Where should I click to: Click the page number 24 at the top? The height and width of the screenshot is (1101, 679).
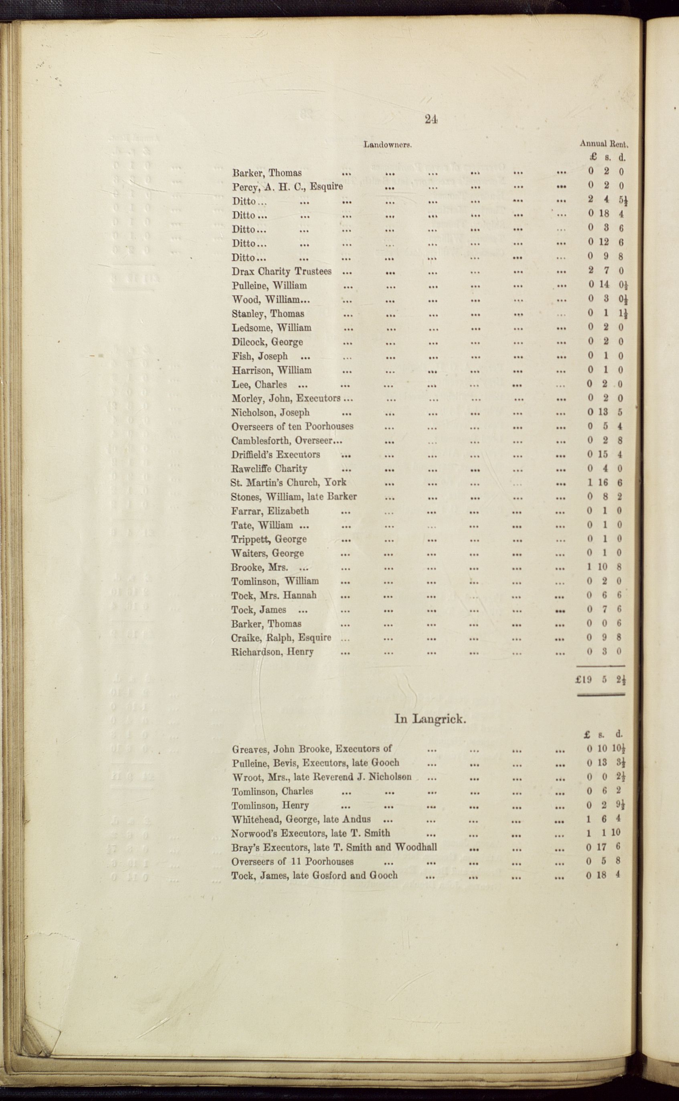click(430, 119)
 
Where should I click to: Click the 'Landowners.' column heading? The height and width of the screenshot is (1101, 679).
click(388, 145)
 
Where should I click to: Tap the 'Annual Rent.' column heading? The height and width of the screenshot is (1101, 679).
click(604, 144)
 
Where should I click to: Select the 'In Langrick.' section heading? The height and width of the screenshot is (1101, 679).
click(430, 719)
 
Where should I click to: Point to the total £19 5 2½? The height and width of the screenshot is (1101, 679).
click(600, 680)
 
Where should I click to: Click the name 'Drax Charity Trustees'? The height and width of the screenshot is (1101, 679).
click(281, 271)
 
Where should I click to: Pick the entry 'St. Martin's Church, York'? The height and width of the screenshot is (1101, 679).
click(288, 482)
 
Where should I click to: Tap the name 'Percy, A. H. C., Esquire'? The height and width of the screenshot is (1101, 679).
click(287, 186)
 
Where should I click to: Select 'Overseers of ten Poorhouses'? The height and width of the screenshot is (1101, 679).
click(292, 426)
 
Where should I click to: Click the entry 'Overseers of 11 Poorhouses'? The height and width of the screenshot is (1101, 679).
click(292, 862)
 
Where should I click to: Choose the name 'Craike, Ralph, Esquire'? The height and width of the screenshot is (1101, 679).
click(281, 638)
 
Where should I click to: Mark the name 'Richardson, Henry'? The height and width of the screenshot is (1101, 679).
click(272, 652)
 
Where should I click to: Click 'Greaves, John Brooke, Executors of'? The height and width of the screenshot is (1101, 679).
click(312, 749)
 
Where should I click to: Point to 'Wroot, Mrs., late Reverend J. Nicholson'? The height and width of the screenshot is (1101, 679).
click(321, 777)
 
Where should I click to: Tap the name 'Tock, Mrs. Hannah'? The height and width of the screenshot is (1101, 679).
click(273, 595)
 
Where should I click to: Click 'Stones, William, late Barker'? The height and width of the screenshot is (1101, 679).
click(294, 497)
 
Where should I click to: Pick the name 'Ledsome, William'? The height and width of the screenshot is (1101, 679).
click(271, 328)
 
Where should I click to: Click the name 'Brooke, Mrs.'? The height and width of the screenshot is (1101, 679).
click(259, 567)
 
